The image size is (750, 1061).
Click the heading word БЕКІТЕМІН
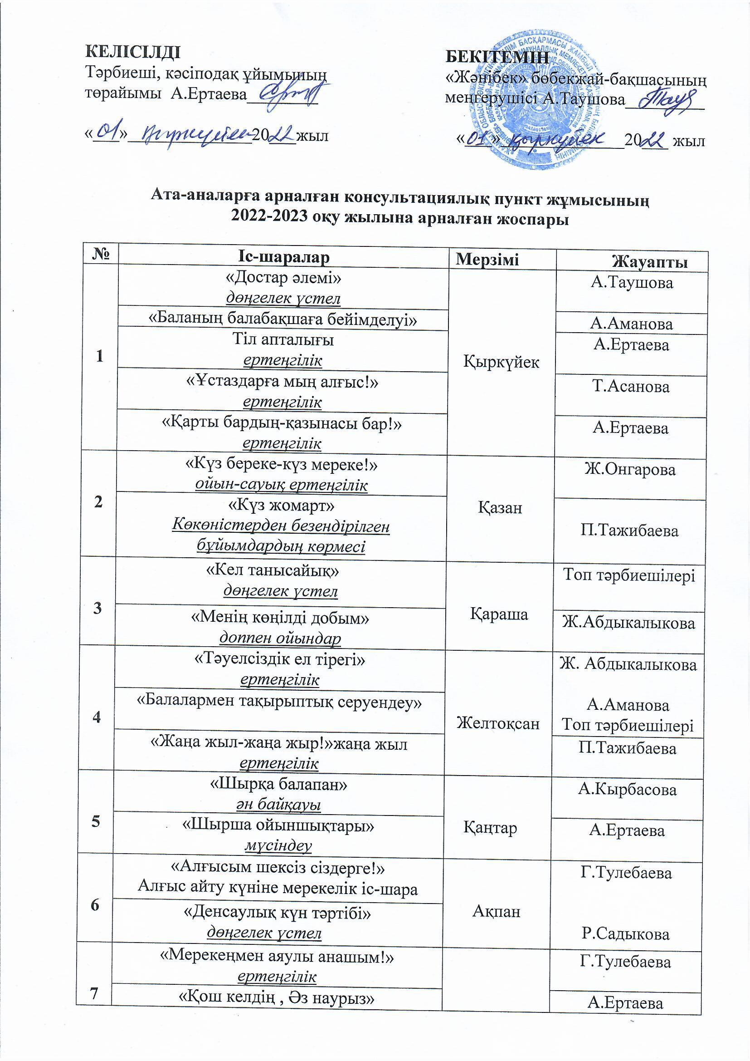click(497, 57)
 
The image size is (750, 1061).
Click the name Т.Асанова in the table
click(630, 386)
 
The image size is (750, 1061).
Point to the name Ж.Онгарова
click(630, 470)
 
